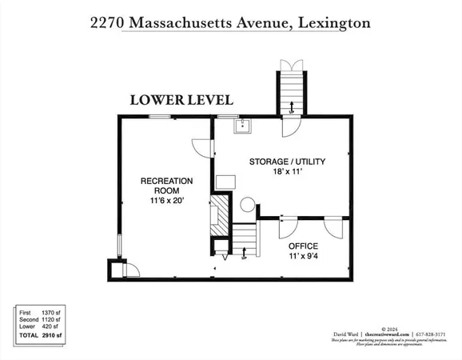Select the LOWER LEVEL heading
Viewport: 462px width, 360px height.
[181, 100]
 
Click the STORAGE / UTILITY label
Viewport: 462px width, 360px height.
[287, 162]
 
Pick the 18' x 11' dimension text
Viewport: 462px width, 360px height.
[287, 173]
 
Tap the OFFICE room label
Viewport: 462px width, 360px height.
[303, 246]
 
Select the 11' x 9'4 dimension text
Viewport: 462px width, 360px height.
[303, 257]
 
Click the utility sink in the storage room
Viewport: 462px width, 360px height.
[240, 124]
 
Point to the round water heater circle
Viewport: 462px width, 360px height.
[247, 204]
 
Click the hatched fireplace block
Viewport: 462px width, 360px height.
[217, 216]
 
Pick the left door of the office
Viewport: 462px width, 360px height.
[289, 223]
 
